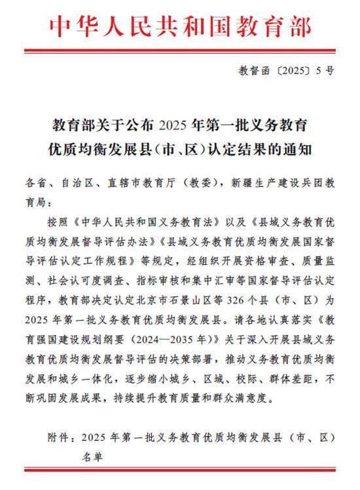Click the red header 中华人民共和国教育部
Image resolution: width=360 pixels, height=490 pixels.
(178, 24)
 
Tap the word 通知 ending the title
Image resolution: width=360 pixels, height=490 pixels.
(300, 149)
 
